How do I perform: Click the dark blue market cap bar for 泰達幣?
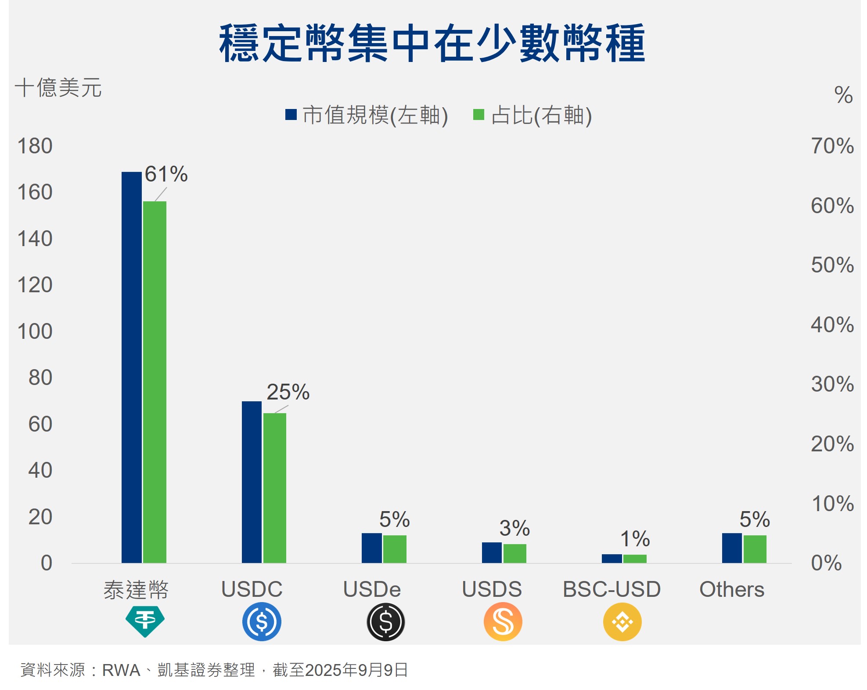tap(131, 367)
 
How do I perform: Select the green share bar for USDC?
tap(274, 488)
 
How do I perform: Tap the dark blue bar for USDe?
tap(371, 548)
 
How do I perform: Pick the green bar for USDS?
tap(514, 553)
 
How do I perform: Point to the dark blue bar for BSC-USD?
tap(612, 558)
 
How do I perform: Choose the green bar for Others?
tap(755, 549)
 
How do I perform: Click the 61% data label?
tap(166, 174)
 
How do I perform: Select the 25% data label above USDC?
tap(288, 392)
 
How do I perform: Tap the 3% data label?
tap(514, 528)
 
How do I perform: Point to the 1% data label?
tap(635, 538)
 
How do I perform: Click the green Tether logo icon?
tap(145, 621)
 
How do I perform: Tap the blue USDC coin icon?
tap(262, 621)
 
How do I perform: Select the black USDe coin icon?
tap(385, 621)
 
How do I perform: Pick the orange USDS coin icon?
tap(503, 621)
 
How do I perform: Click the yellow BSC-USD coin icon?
tap(622, 621)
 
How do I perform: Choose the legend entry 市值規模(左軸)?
tap(367, 115)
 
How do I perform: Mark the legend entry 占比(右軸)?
tap(532, 115)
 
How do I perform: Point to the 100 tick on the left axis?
tap(35, 331)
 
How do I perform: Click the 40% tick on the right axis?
tap(832, 325)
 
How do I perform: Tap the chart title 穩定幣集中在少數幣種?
tap(432, 43)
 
